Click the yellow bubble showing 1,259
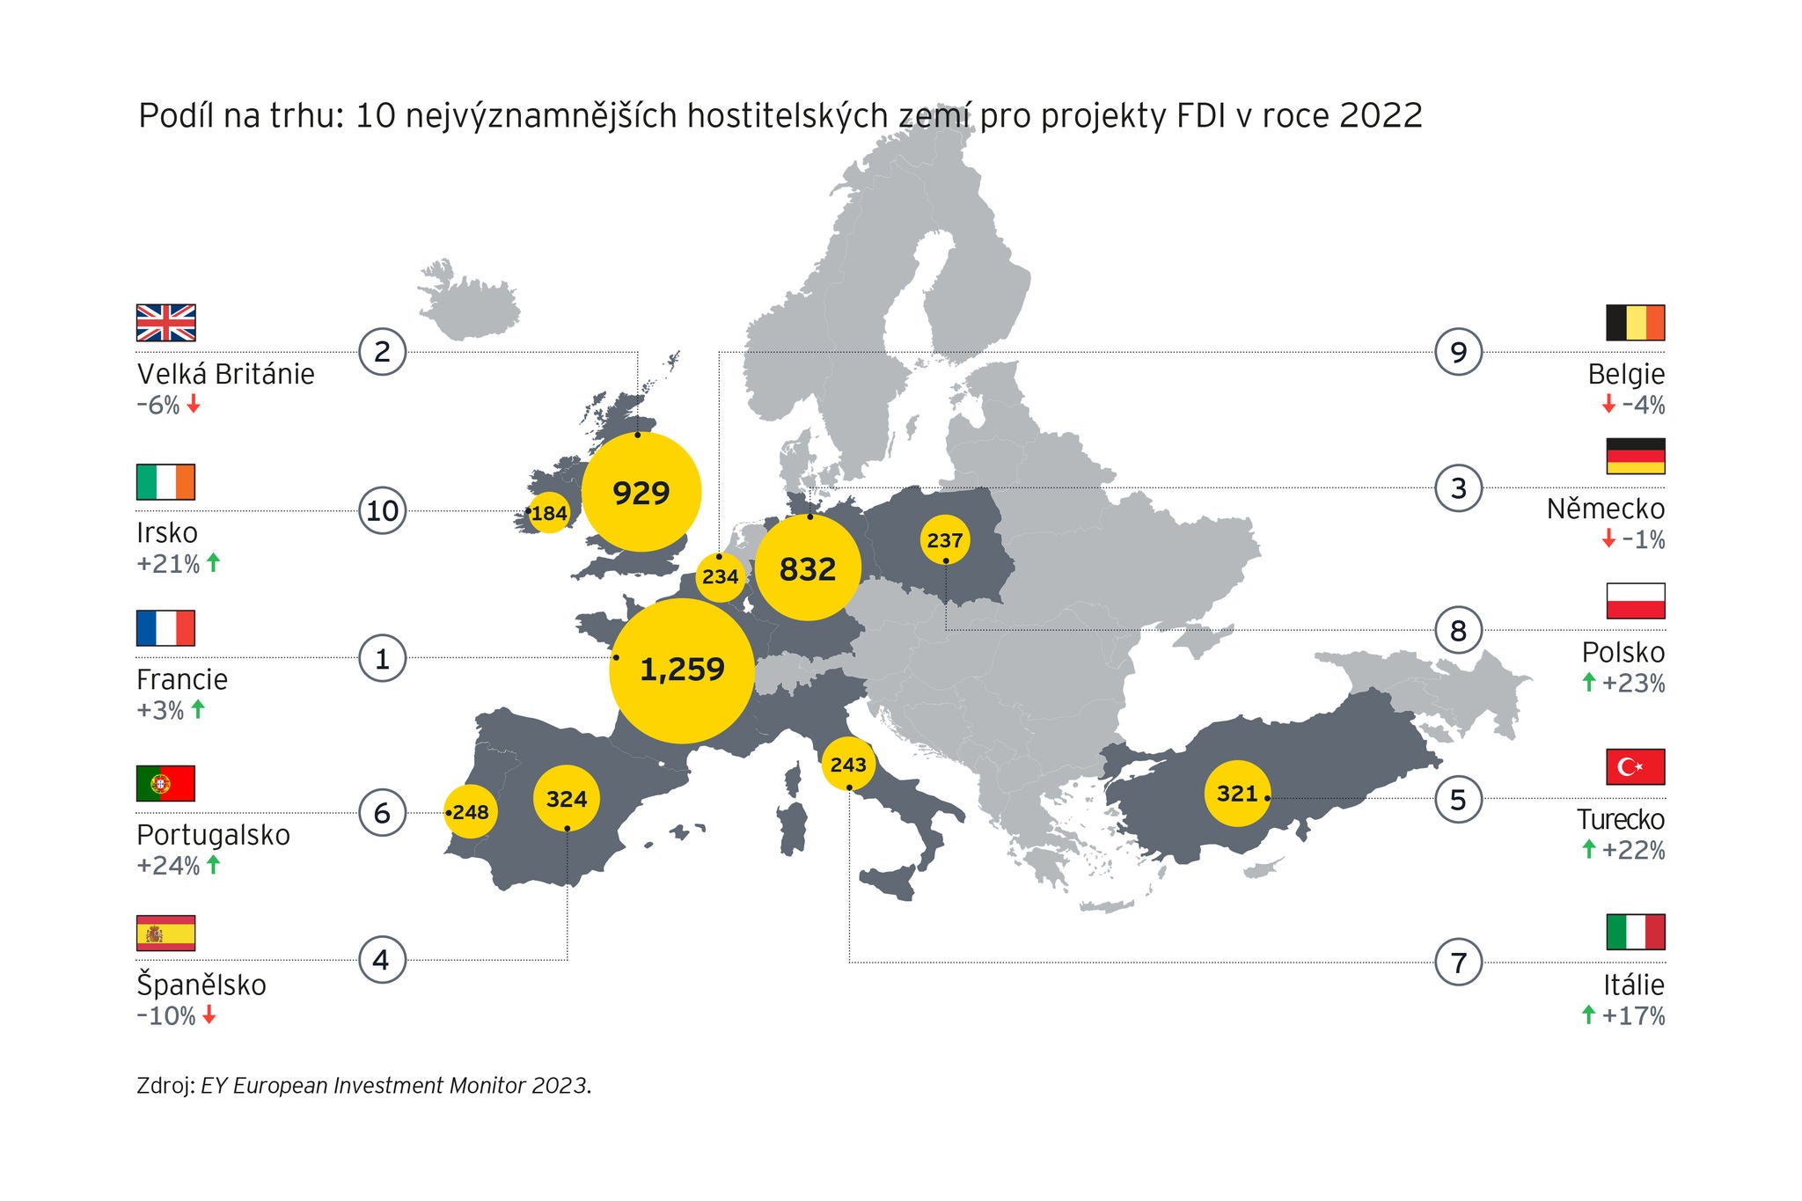(x=682, y=670)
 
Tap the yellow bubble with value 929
(x=641, y=493)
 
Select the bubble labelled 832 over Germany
(x=808, y=569)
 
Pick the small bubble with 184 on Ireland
(x=549, y=513)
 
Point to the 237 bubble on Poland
(x=945, y=540)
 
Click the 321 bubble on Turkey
(x=1237, y=794)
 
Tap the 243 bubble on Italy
(x=848, y=765)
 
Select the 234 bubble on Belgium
(x=720, y=577)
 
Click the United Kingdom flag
(x=165, y=323)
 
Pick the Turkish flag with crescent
(x=1635, y=767)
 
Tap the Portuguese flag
(x=165, y=783)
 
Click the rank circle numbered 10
(x=382, y=511)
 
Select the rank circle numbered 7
(x=1458, y=963)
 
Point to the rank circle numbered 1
(x=382, y=658)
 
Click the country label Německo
(x=1605, y=509)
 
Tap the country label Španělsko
(x=201, y=985)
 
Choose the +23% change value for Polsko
(x=1633, y=684)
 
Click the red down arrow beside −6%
(x=194, y=406)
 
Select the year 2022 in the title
(x=1381, y=116)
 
